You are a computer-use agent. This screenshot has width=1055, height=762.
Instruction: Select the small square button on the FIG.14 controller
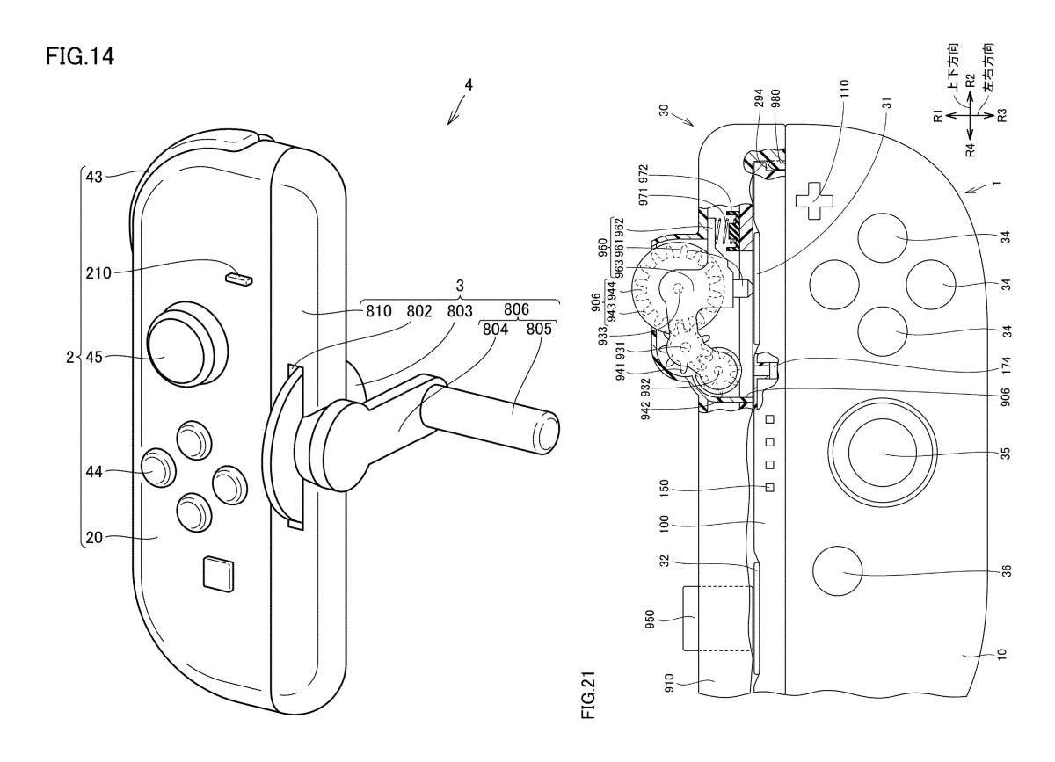click(216, 573)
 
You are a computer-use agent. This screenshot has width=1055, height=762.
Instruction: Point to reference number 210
click(98, 273)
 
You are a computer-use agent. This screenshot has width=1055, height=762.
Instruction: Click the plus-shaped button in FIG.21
click(813, 200)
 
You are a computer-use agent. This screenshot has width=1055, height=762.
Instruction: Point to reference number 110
click(845, 91)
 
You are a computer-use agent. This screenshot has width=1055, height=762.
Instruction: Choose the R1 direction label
click(938, 115)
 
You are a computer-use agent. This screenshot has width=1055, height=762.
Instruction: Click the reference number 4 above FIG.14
click(469, 85)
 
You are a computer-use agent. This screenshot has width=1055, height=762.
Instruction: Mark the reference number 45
click(96, 357)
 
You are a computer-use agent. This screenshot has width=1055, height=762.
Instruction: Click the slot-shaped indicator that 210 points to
click(239, 279)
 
